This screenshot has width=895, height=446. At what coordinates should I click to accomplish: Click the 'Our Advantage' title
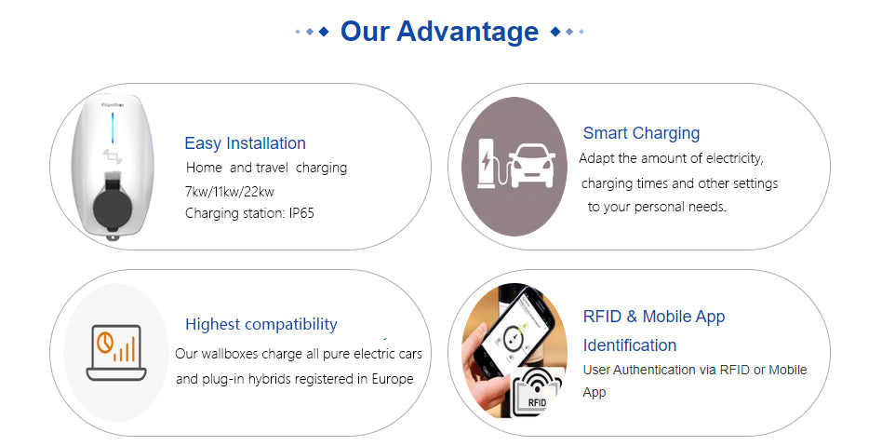tap(439, 32)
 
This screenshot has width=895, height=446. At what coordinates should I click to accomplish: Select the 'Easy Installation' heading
tap(246, 143)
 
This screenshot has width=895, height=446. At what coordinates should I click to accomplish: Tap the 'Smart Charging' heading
tap(641, 133)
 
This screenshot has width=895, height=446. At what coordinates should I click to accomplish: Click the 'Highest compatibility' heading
tap(260, 324)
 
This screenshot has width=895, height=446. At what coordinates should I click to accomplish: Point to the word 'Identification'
tap(630, 345)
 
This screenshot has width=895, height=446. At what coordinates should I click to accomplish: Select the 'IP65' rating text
tap(301, 213)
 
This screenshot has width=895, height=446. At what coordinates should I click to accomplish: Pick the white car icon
tap(532, 166)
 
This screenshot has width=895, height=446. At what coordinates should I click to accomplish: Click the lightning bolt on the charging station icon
tap(487, 162)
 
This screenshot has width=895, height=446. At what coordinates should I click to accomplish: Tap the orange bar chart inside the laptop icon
tap(125, 349)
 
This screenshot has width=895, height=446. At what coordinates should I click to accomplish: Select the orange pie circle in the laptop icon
tap(104, 342)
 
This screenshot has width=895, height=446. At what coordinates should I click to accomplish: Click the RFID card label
tap(537, 402)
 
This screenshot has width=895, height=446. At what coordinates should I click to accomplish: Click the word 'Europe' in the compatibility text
tap(393, 379)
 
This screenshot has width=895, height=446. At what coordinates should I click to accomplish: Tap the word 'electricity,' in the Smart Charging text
tap(735, 158)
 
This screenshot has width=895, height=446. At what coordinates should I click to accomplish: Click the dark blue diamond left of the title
tap(324, 32)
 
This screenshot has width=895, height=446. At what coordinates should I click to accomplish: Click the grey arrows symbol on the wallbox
tap(113, 155)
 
